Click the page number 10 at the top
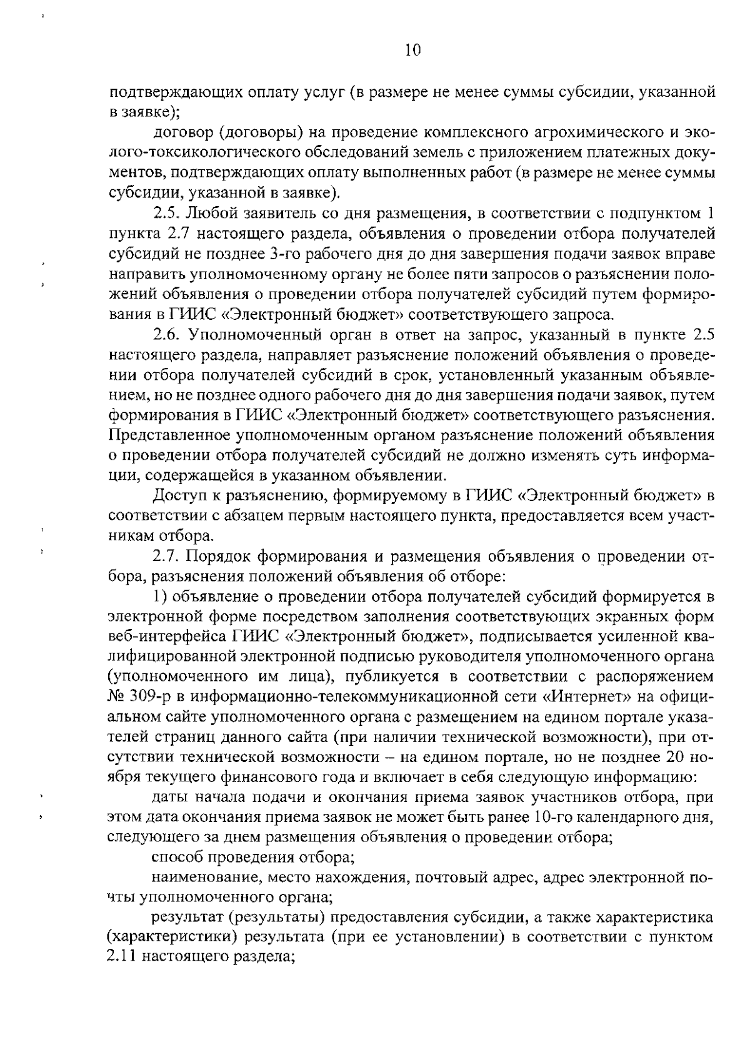tap(413, 51)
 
